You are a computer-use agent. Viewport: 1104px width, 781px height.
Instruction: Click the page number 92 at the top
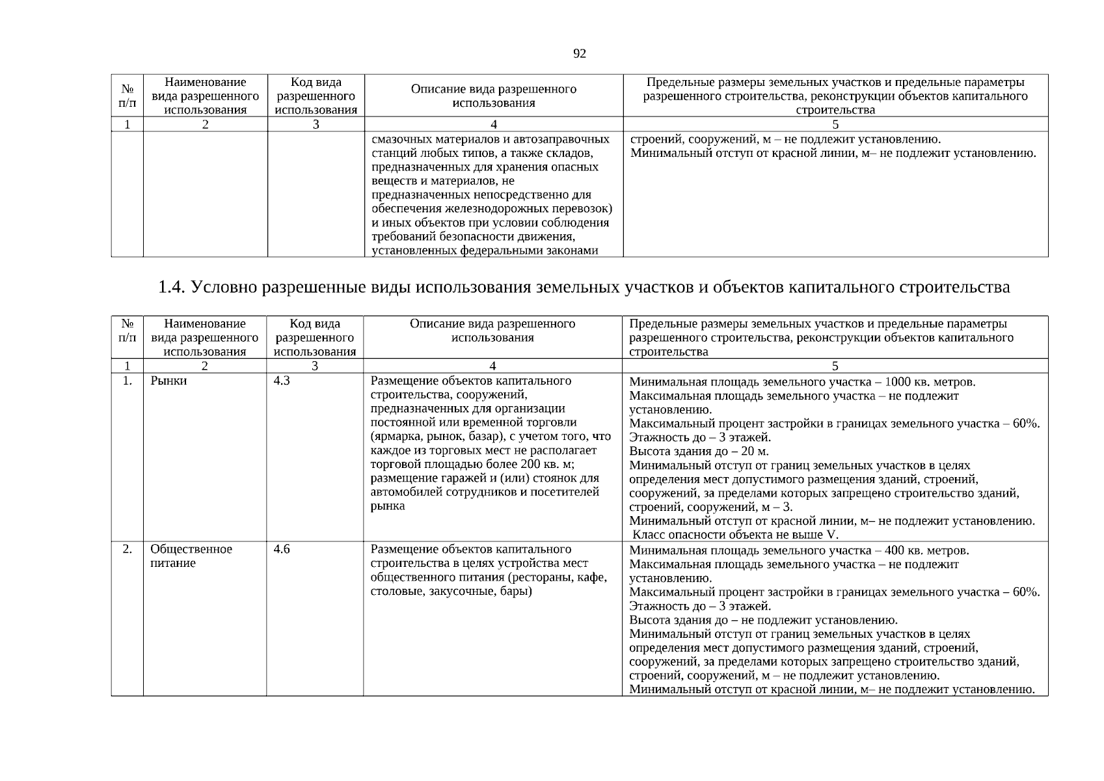click(x=579, y=54)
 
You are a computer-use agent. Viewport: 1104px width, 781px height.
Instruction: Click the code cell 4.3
click(x=282, y=381)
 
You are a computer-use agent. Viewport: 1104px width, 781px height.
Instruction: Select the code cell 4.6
click(x=282, y=549)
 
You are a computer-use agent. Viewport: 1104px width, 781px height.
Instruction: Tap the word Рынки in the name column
click(x=168, y=381)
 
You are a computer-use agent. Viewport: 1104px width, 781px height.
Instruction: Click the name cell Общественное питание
click(x=191, y=556)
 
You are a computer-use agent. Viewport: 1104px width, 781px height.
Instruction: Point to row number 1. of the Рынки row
click(x=128, y=381)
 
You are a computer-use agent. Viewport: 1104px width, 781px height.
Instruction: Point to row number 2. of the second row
click(x=128, y=549)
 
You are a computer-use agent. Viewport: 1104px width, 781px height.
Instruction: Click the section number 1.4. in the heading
click(x=172, y=287)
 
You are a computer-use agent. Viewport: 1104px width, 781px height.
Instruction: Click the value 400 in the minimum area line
click(x=895, y=551)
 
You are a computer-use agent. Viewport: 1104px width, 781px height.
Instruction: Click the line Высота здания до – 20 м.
click(x=699, y=452)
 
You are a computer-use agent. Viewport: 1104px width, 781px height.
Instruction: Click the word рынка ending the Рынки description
click(x=388, y=506)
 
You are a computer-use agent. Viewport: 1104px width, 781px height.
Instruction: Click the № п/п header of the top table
click(x=128, y=96)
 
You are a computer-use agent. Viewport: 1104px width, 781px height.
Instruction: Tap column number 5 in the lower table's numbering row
click(x=835, y=366)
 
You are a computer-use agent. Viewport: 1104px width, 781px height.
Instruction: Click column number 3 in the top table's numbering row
click(x=316, y=124)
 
